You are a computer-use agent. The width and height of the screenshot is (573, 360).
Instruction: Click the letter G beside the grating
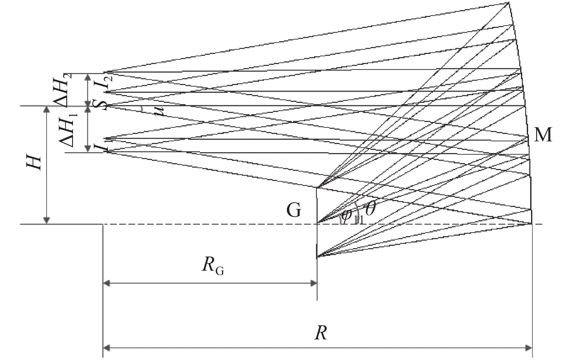tap(294, 211)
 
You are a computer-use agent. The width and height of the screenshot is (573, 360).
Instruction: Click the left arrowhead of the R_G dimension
tap(106, 284)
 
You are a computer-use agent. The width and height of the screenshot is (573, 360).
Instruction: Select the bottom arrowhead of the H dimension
tap(47, 221)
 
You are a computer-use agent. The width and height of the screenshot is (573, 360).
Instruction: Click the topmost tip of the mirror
tap(509, 3)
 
